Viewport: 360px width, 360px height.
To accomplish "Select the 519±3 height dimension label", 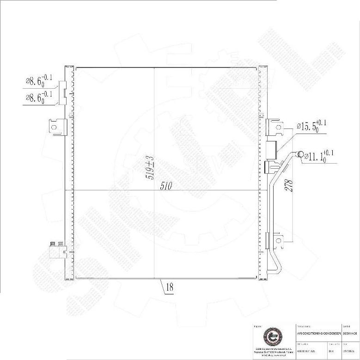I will tap(150, 168).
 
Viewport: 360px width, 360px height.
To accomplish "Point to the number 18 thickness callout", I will tap(169, 287).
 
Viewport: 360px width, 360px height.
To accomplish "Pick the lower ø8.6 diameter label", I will tap(39, 97).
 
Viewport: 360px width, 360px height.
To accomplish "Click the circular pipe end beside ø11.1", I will tap(300, 154).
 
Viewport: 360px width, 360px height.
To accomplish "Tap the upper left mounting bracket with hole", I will tap(55, 126).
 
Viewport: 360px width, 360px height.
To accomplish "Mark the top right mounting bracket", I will tap(274, 127).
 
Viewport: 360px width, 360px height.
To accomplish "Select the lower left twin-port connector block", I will tap(57, 250).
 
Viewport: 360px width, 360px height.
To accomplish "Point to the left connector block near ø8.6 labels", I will tap(64, 90).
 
